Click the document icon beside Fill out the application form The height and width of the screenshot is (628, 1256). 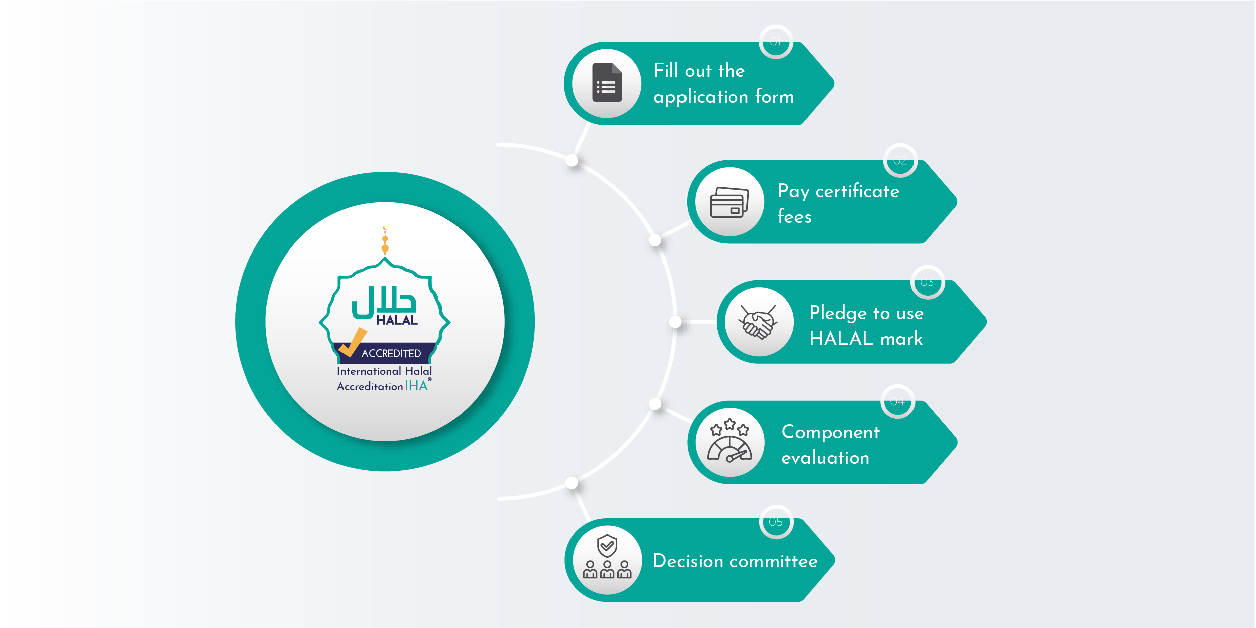607,83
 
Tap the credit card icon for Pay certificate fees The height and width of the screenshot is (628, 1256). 729,202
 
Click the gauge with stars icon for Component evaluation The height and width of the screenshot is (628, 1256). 730,442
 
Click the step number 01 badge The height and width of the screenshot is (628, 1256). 776,42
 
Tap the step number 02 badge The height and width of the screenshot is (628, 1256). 900,161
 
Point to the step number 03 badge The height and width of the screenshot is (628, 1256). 927,282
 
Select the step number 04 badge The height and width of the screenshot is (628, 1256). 897,402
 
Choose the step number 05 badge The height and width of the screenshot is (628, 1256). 776,522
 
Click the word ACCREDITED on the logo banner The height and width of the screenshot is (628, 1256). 391,354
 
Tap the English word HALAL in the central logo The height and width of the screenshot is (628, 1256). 397,320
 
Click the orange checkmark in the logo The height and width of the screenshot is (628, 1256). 353,342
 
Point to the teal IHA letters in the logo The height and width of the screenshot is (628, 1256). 416,386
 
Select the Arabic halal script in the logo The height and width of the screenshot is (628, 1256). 384,302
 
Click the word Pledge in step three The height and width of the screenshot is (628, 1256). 838,313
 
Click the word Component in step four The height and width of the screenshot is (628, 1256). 831,432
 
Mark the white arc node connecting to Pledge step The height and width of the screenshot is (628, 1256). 676,322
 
